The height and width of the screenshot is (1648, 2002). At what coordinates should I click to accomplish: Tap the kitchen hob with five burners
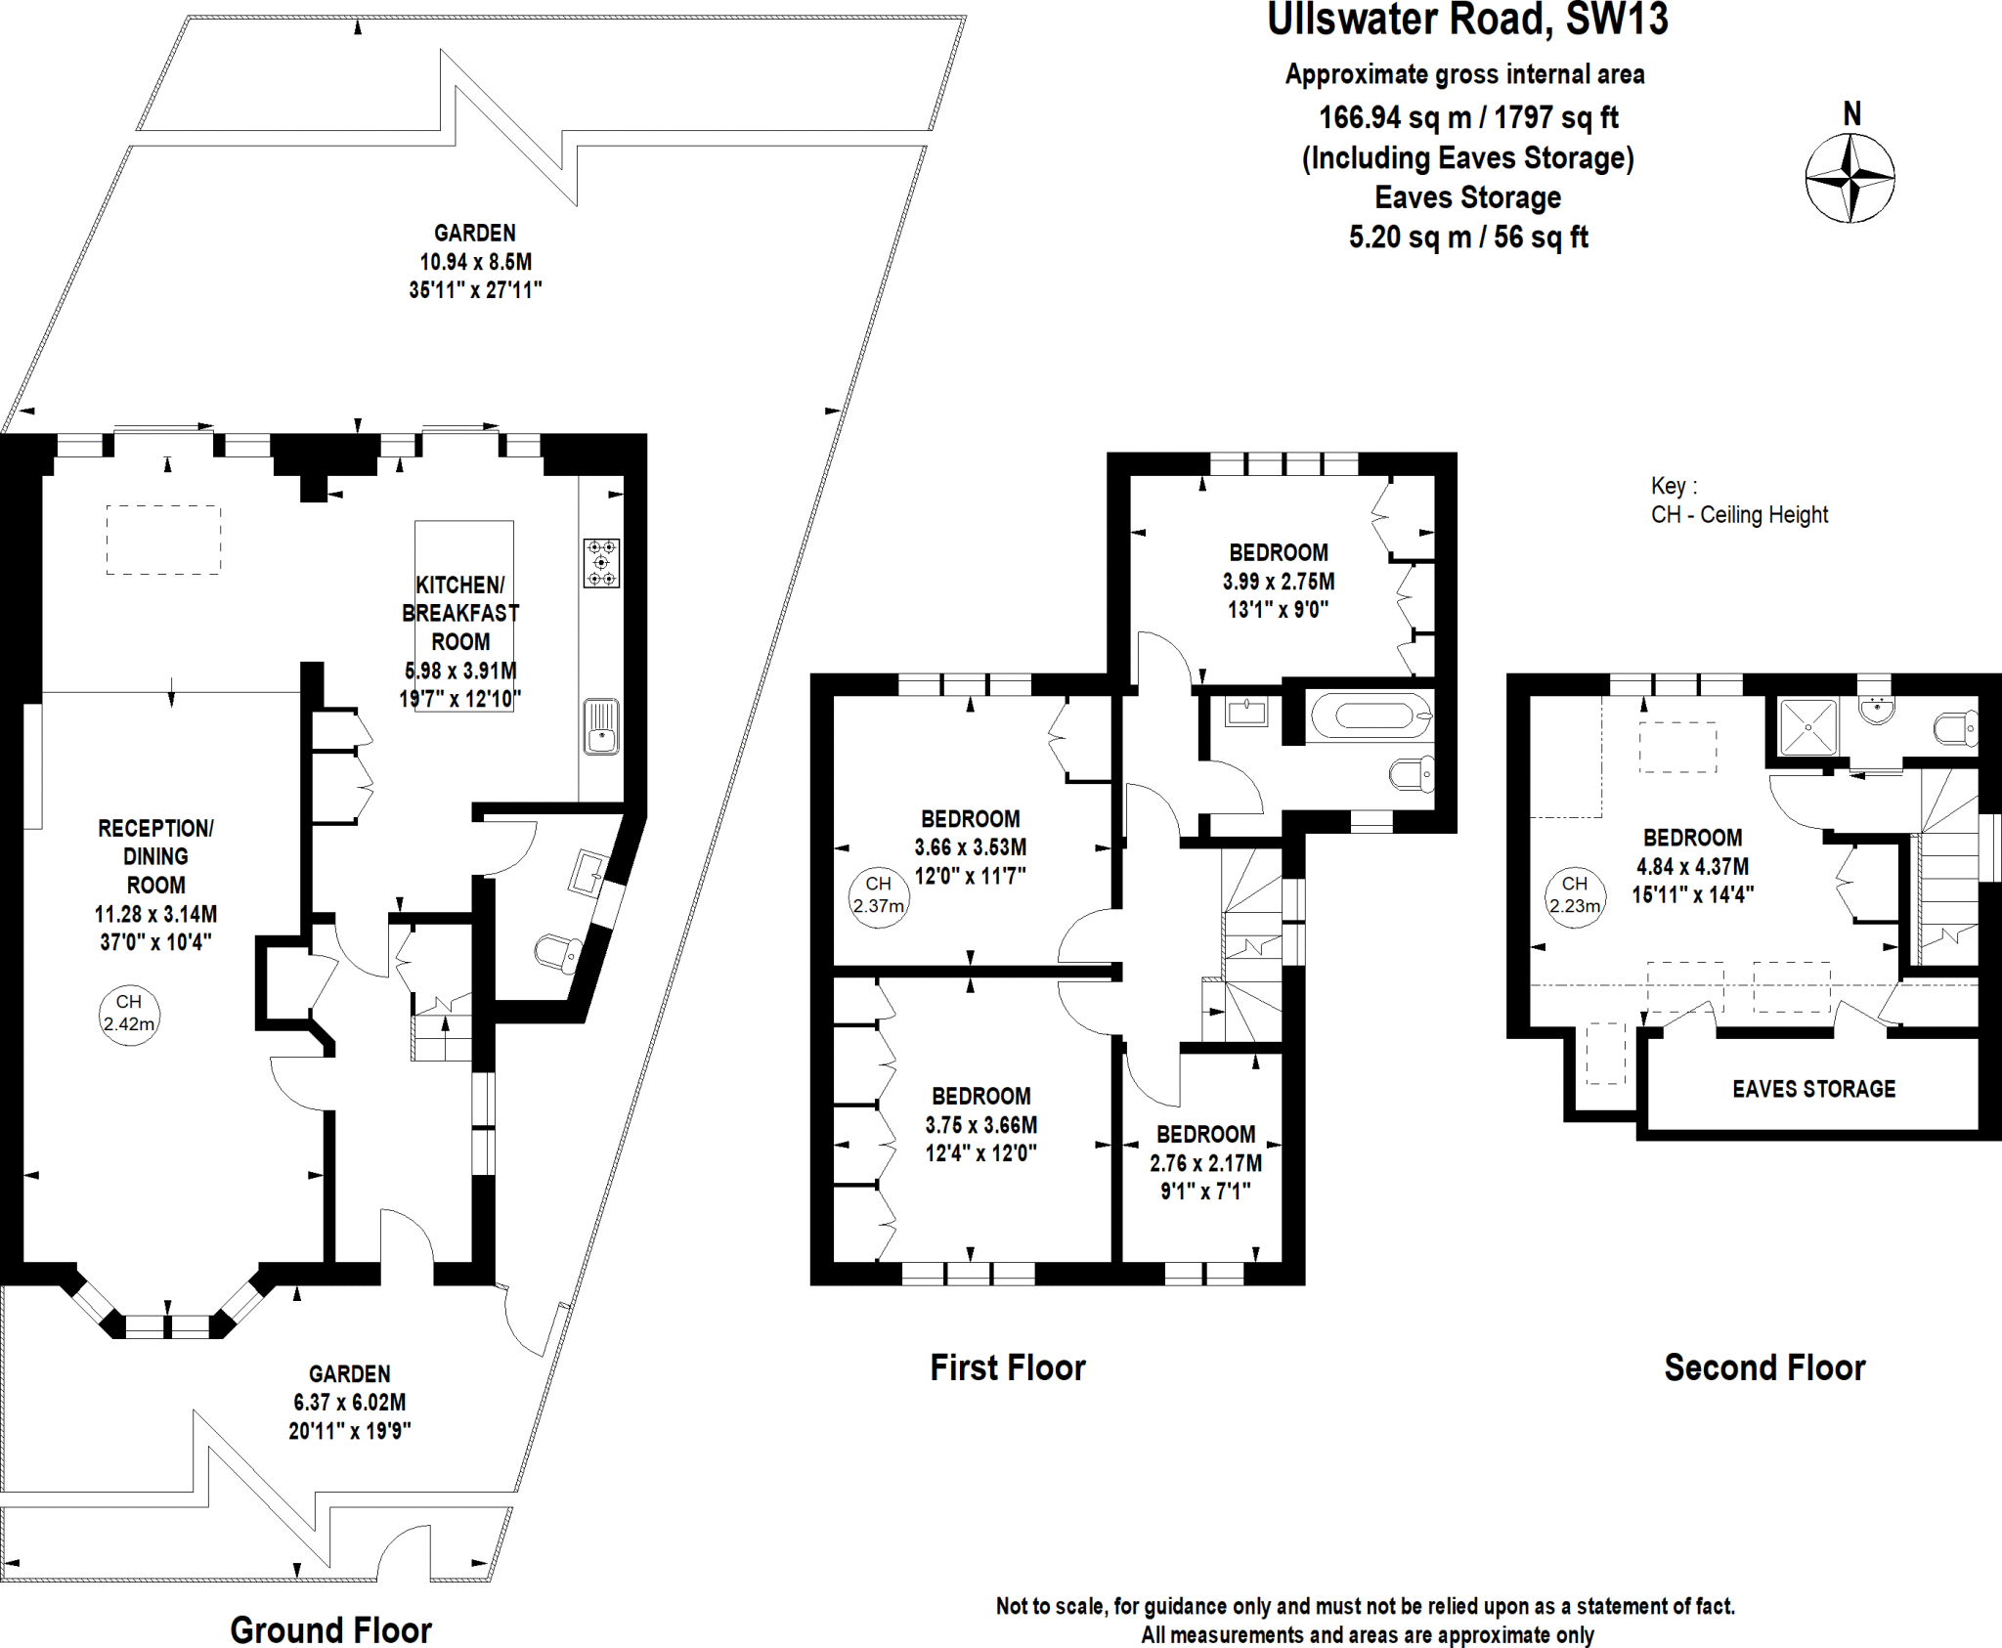(601, 563)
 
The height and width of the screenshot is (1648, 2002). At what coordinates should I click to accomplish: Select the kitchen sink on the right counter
(601, 726)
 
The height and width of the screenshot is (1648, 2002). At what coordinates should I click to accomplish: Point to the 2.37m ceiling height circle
(878, 895)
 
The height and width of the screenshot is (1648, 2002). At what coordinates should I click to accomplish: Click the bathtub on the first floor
(1369, 716)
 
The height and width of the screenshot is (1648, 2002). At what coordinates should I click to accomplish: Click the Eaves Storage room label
(1813, 1089)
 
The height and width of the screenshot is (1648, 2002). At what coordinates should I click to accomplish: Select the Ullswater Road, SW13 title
(1467, 21)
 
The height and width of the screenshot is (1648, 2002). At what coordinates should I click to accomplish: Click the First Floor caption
(1008, 1367)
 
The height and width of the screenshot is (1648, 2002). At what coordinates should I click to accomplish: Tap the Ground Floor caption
(330, 1629)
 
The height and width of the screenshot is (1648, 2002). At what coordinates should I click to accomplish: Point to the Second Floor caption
(1764, 1367)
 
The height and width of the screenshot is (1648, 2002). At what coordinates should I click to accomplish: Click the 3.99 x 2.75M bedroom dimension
(1278, 582)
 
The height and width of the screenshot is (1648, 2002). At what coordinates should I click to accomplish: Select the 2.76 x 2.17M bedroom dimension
(1205, 1163)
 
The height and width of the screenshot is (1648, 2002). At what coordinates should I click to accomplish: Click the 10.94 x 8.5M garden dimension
(475, 262)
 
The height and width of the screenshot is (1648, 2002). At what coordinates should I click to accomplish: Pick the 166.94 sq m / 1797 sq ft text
(1468, 118)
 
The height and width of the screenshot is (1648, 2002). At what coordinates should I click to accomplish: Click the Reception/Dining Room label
(155, 856)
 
